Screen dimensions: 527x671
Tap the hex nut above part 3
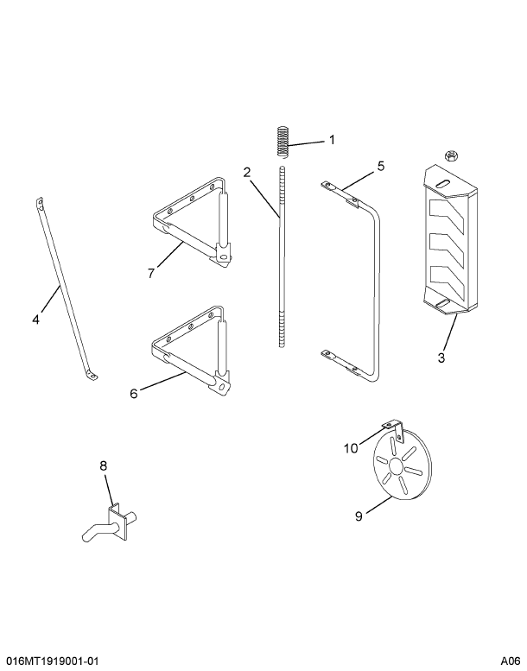[450, 156]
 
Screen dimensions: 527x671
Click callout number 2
[247, 173]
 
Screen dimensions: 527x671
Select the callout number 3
[441, 357]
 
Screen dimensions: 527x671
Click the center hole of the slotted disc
[396, 467]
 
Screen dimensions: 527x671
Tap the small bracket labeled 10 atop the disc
[394, 430]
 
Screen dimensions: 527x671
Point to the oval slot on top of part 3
[442, 182]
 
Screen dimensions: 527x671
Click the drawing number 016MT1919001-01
[49, 662]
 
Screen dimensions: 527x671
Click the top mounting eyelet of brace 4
[40, 202]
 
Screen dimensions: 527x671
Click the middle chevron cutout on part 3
[448, 249]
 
